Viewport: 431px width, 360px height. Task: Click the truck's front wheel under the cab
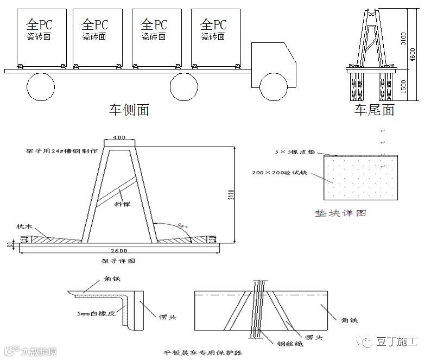[x=273, y=86]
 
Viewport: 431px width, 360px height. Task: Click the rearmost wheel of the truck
[x=41, y=86]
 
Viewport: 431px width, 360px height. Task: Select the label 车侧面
[x=129, y=110]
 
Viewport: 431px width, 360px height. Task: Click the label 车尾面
[x=374, y=110]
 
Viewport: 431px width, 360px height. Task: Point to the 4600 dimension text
[x=414, y=54]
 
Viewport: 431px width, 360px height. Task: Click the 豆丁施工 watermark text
[x=398, y=342]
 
